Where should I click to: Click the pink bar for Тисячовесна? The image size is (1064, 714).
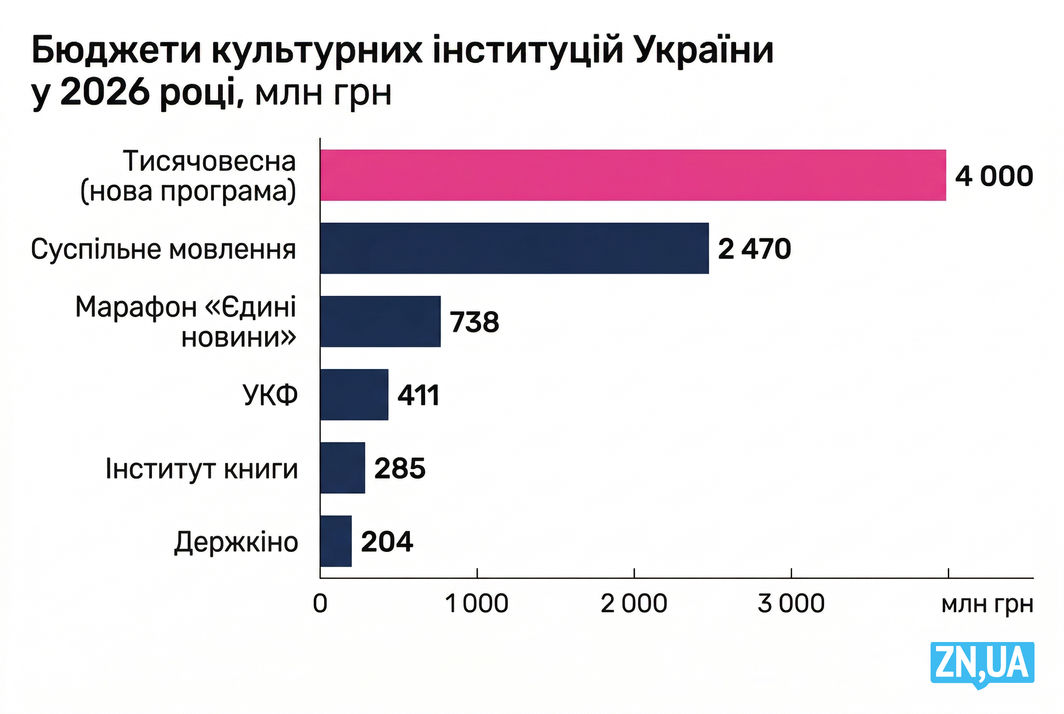coord(633,175)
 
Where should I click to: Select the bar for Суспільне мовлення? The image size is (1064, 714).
coord(514,248)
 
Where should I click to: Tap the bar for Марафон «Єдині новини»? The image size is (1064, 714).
coord(380,322)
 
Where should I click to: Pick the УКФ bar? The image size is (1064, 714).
coord(354,395)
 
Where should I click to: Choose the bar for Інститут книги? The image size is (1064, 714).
coord(342,468)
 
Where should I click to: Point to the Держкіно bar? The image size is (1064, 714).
coord(335,541)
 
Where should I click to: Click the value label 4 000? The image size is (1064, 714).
coord(994,176)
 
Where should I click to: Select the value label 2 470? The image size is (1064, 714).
coord(754,249)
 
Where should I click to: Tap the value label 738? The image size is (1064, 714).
coord(474,322)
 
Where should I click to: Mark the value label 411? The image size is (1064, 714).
coord(418,395)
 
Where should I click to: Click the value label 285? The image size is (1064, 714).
coord(400,469)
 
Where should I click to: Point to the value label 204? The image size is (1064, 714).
coord(387,542)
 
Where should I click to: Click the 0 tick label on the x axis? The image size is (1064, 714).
coord(320,604)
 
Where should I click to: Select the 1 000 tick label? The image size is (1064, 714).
coord(477,604)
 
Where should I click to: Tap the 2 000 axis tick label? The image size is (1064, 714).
coord(634,604)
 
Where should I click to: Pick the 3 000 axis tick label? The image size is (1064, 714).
coord(791,604)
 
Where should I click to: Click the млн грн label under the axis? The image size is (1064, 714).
coord(987,605)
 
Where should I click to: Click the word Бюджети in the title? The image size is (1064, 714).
coord(117,51)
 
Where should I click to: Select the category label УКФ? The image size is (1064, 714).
coord(270,395)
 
